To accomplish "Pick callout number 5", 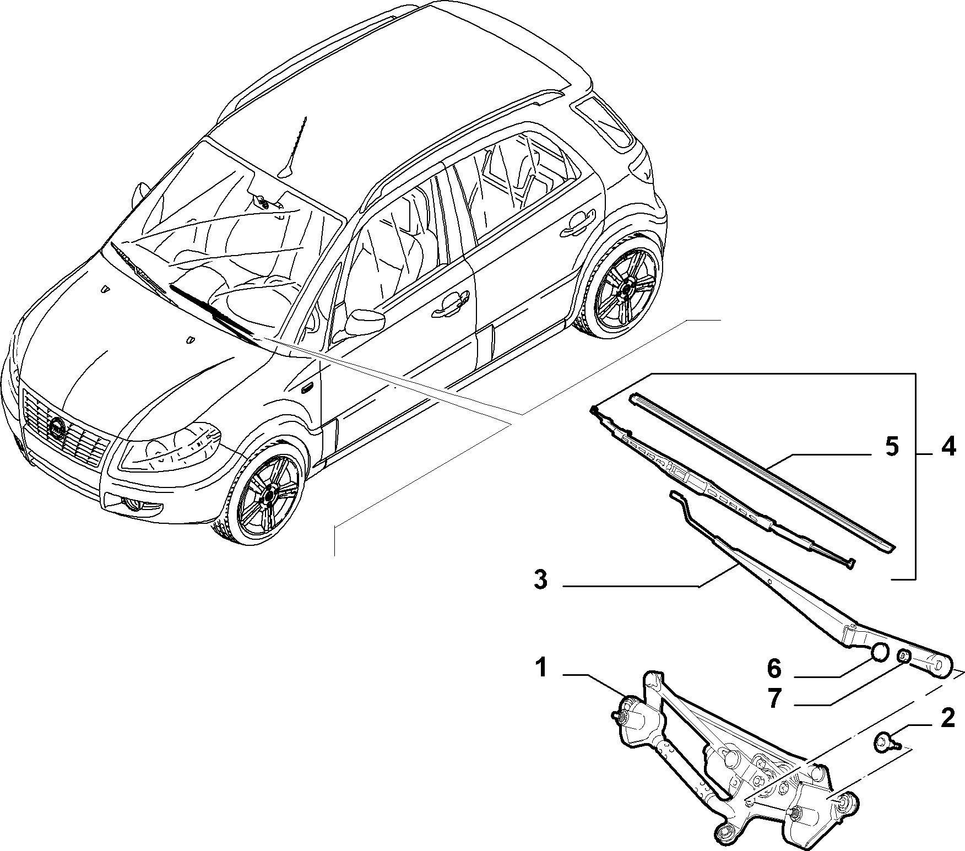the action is [x=892, y=447].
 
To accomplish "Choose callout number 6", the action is [x=774, y=669].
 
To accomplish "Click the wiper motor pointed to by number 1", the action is [x=633, y=721].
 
